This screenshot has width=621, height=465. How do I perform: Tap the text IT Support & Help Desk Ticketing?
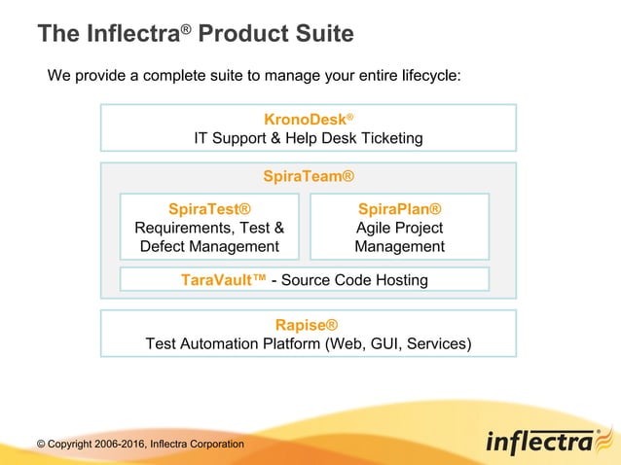[x=308, y=138]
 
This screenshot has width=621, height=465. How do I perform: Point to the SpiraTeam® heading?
[x=308, y=177]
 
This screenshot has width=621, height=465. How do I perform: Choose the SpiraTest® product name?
[x=209, y=209]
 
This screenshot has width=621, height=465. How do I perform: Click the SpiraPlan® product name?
[x=399, y=209]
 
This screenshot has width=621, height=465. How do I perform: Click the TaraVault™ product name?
[x=223, y=280]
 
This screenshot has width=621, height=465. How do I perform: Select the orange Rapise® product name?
[x=308, y=324]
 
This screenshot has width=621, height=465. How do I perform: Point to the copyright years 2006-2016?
[x=124, y=445]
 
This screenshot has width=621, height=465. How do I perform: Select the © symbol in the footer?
[x=41, y=445]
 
